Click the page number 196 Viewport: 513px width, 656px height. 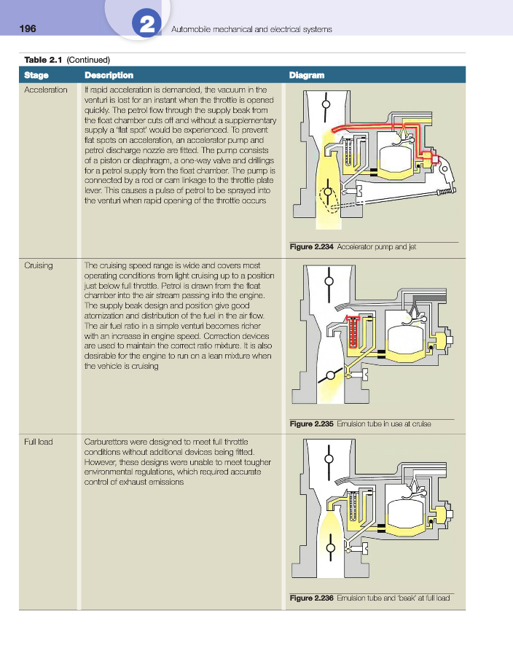point(28,28)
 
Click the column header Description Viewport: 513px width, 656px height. point(109,75)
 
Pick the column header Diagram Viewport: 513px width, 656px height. point(307,75)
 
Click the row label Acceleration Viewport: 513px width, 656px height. point(45,90)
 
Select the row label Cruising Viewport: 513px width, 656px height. point(39,265)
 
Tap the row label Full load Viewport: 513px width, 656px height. point(39,442)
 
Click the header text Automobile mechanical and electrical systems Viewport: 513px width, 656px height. point(251,29)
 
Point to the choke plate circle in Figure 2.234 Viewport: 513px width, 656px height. point(326,104)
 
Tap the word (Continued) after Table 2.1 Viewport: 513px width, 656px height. point(88,60)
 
